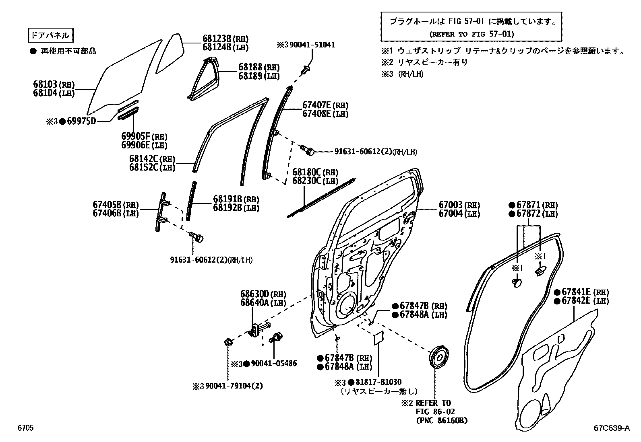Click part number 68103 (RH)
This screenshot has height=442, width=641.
(54, 85)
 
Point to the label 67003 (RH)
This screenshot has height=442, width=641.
(459, 206)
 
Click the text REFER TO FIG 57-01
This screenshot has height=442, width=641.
(471, 34)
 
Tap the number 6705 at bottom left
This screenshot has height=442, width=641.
(25, 428)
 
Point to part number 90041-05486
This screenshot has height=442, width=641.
(273, 364)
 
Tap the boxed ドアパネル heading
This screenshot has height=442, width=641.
(50, 35)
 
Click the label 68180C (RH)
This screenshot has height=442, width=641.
(315, 172)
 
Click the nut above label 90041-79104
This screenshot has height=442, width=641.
(228, 343)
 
